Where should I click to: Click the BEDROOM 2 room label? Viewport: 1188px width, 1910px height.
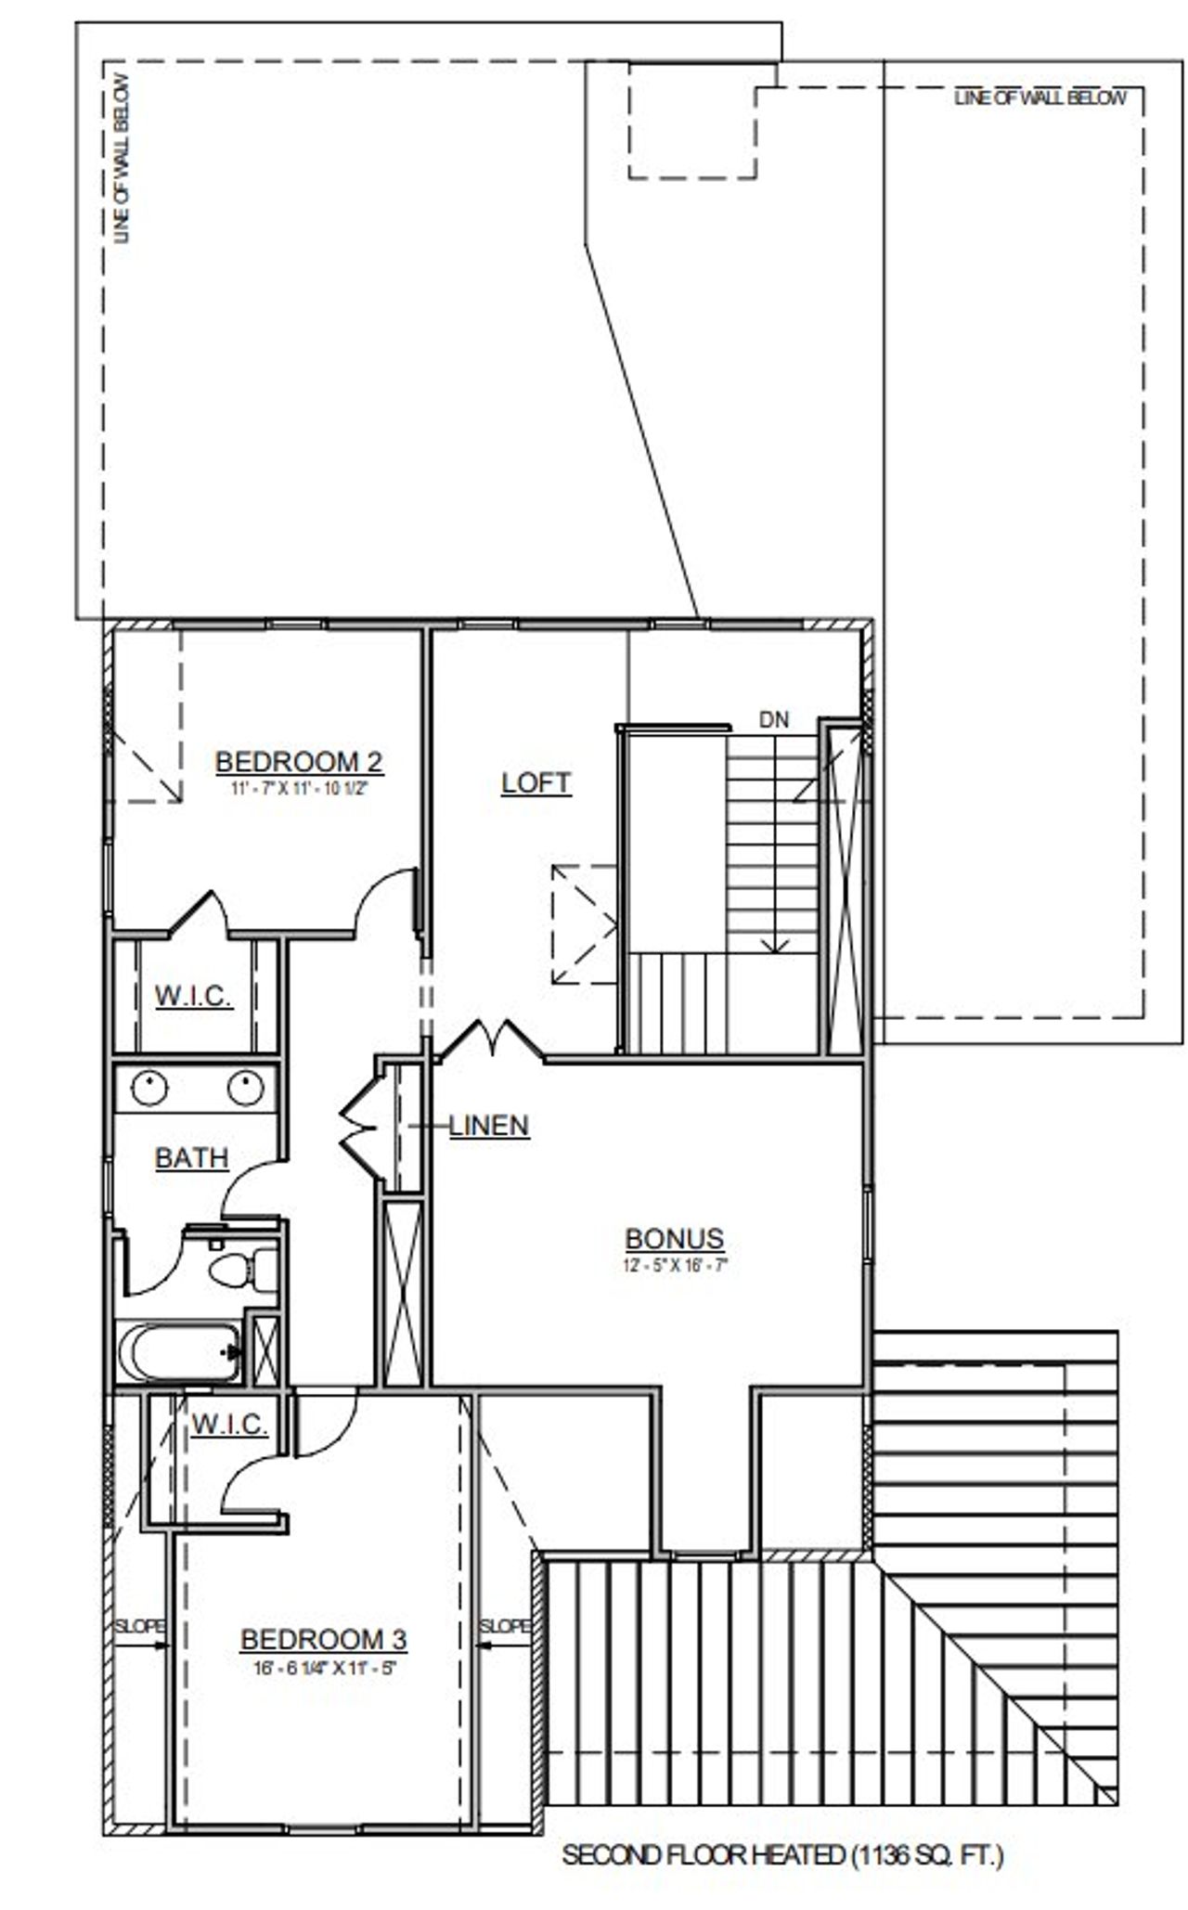coord(299,762)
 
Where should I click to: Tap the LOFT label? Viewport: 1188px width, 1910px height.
coord(536,782)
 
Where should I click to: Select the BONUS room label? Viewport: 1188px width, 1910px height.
coord(674,1239)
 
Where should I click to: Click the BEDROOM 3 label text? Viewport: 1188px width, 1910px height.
coord(323,1640)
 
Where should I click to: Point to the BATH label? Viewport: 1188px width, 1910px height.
coord(191,1158)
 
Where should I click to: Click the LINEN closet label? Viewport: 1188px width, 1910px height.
coord(489,1126)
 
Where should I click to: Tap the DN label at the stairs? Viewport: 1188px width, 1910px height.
coord(774,719)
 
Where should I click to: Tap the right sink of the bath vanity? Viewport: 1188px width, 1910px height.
coord(245,1088)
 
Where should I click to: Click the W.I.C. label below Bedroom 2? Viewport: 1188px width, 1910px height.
coord(193,997)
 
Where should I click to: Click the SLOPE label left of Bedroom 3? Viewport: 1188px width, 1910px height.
coord(139,1626)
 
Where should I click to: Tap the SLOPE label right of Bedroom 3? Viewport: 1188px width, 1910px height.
coord(505,1626)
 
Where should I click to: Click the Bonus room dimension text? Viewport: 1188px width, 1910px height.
coord(674,1264)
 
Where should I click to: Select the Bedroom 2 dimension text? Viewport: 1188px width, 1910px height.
coord(299,789)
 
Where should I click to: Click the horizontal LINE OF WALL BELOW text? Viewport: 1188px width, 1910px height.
coord(1039,97)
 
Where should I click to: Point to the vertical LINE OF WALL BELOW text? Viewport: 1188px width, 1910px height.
coord(122,158)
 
